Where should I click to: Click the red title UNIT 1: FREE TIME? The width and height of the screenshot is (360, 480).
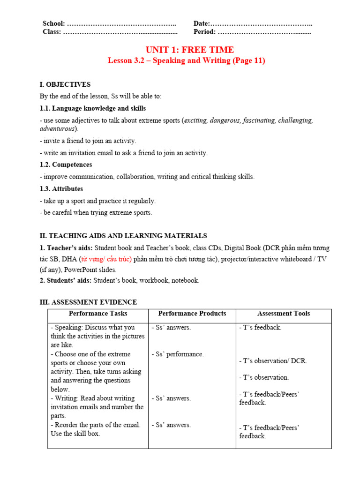point(189,50)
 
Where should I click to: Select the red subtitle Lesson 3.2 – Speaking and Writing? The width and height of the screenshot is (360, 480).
point(186,60)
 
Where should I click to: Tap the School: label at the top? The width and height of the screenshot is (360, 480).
point(54,24)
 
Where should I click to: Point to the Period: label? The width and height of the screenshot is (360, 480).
point(205,32)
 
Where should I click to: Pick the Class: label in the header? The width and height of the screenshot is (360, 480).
point(52,32)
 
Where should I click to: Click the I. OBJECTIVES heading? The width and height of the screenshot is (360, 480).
point(65,84)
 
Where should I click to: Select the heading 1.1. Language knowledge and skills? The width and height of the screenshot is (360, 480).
point(93,108)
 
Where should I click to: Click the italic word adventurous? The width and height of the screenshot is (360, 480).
point(58,128)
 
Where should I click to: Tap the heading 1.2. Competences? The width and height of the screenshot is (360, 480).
point(66,165)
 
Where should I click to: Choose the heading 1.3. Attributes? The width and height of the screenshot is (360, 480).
point(61,188)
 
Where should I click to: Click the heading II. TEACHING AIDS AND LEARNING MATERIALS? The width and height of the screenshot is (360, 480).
point(123,236)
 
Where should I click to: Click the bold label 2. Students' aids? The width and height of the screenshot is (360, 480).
point(66,280)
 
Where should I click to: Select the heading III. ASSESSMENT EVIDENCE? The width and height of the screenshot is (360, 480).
point(88,302)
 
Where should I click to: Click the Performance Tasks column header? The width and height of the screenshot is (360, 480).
point(98,314)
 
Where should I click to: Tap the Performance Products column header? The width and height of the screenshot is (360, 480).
point(192,314)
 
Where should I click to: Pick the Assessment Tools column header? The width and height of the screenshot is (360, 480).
point(284,314)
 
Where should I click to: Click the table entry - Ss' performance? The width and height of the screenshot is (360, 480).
point(178,354)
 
